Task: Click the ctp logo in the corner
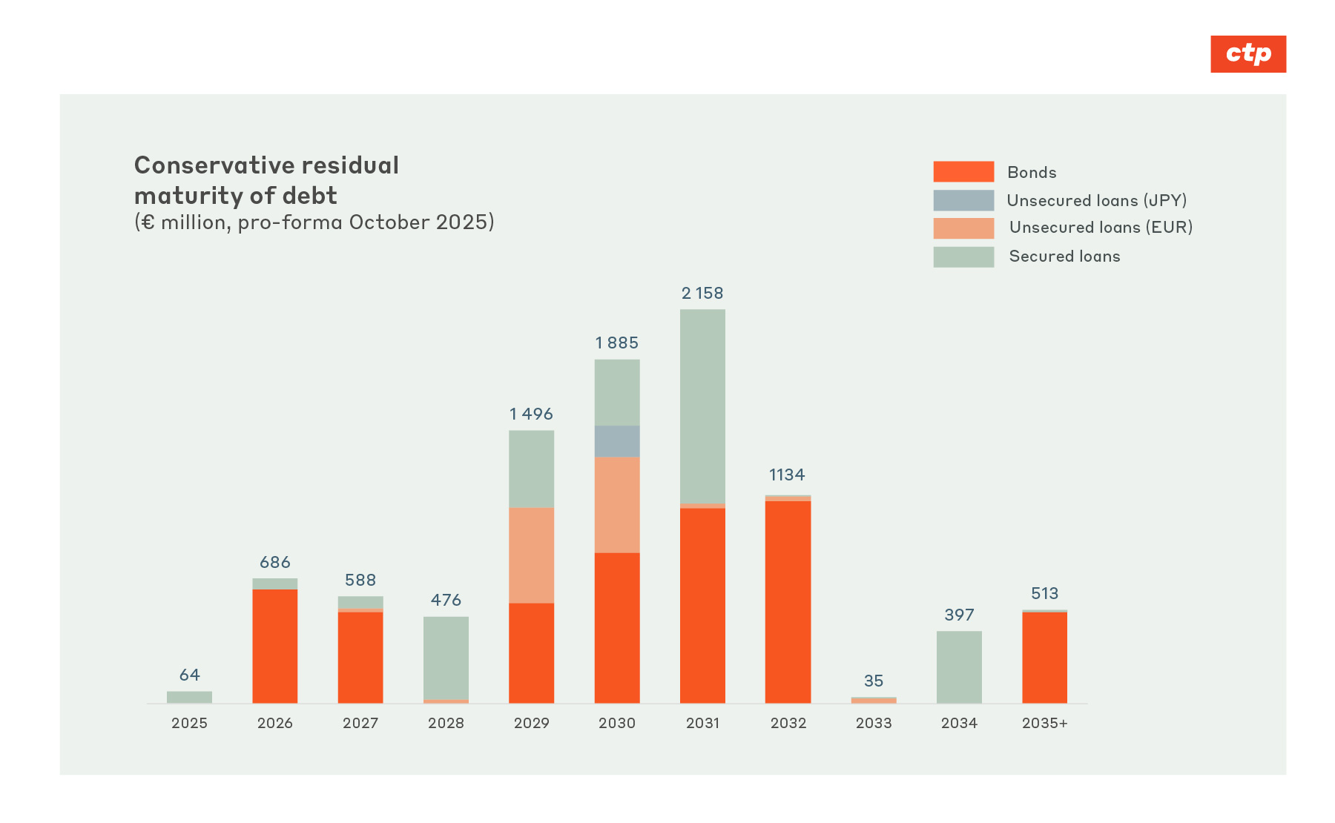click(1247, 54)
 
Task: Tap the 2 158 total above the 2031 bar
click(702, 294)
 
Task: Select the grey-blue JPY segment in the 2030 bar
click(616, 441)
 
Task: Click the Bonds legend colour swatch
click(963, 172)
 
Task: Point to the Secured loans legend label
click(1064, 257)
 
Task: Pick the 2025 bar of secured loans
click(189, 697)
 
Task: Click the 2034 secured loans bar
click(958, 667)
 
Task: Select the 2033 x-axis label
click(873, 723)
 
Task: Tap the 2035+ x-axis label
click(1044, 723)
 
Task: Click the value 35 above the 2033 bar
click(873, 681)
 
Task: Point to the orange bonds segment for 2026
click(274, 646)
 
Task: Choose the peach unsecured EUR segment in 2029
click(531, 555)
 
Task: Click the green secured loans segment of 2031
click(702, 406)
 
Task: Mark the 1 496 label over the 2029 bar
click(531, 414)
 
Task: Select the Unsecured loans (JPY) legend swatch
click(963, 200)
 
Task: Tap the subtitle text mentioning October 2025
click(314, 222)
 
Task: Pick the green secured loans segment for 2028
click(446, 658)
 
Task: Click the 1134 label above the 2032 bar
click(787, 475)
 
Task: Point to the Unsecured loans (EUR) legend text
click(1100, 228)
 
